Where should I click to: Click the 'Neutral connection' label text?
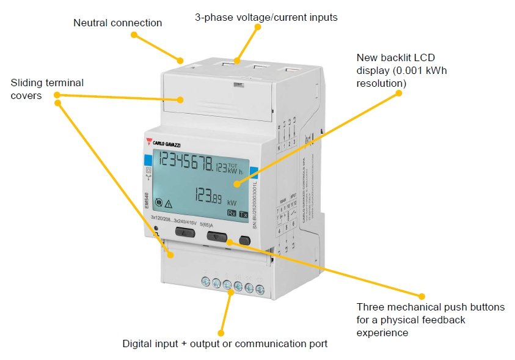(x=117, y=23)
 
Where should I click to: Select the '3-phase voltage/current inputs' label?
(x=266, y=17)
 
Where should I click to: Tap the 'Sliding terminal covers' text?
(x=47, y=89)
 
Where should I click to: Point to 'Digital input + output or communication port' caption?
(x=225, y=343)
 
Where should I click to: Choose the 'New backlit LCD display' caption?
(x=401, y=70)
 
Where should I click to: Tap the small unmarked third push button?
(x=245, y=240)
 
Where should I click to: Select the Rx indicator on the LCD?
(x=231, y=213)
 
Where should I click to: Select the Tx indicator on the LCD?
(x=244, y=215)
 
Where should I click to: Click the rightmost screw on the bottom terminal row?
(x=260, y=290)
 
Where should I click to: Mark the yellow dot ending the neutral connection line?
(x=180, y=60)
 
